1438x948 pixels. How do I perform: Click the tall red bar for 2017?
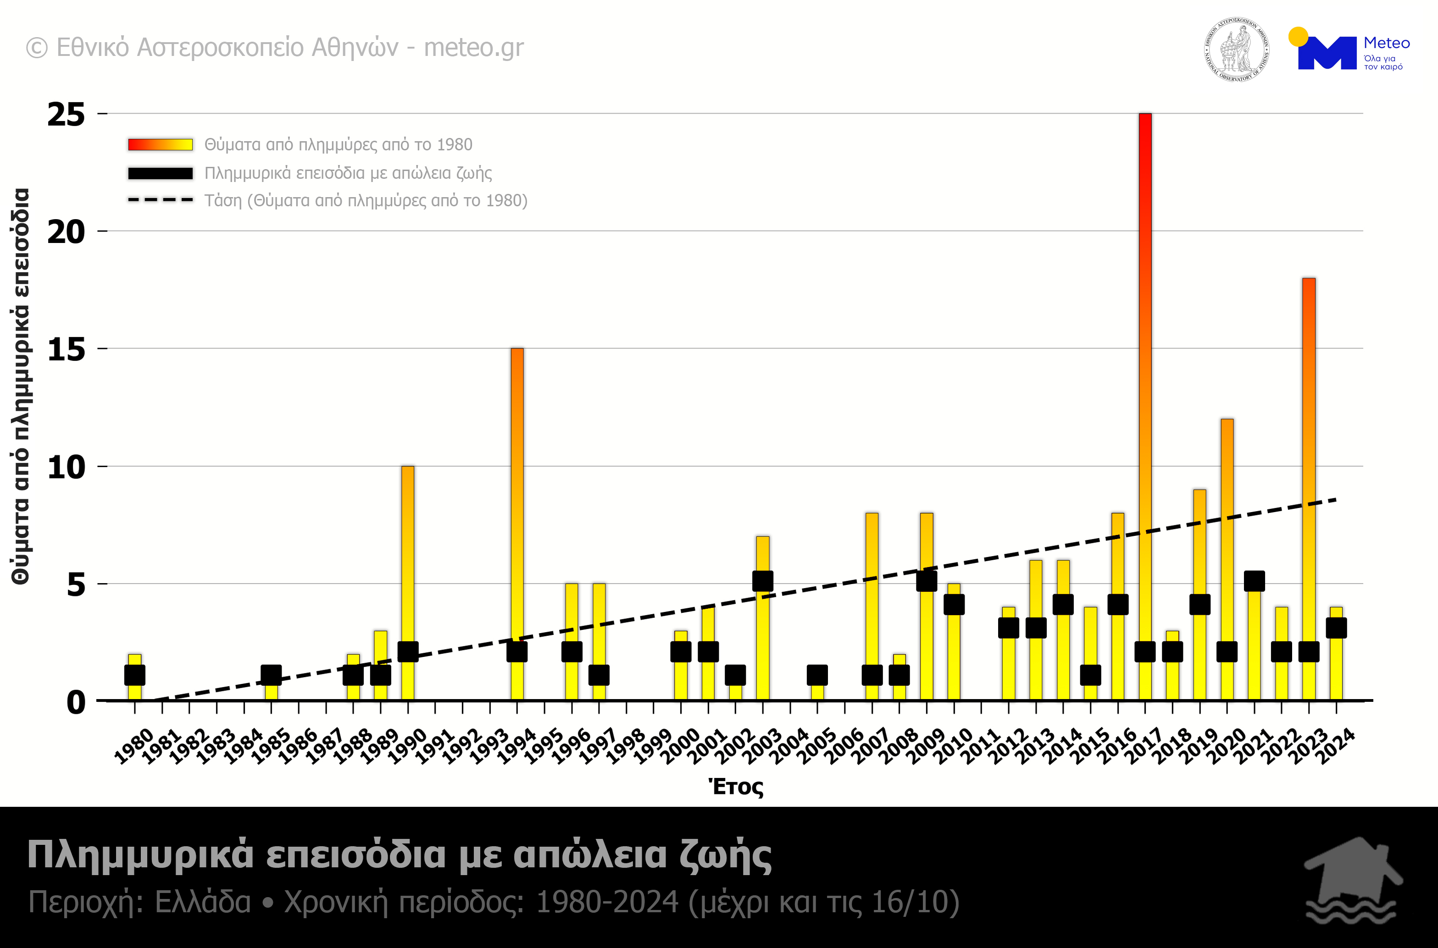pos(1144,363)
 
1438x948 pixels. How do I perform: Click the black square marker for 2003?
pos(762,581)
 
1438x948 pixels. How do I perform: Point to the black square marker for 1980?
pos(135,675)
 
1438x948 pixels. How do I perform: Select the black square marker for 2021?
pos(1254,581)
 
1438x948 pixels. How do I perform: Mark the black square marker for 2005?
pos(817,675)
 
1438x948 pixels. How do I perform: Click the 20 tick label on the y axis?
pos(67,232)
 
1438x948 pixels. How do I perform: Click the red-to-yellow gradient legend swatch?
pos(161,144)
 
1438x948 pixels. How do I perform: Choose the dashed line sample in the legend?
pos(161,199)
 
